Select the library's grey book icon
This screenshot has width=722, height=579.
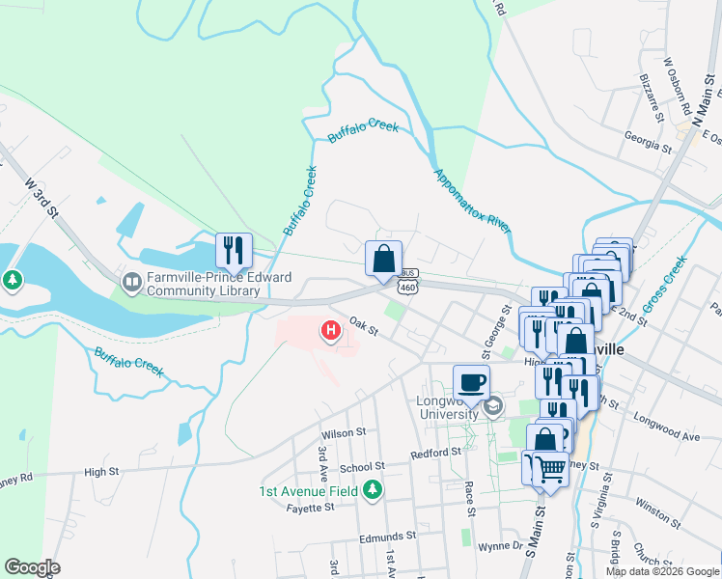click(131, 284)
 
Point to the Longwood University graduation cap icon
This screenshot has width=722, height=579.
click(493, 406)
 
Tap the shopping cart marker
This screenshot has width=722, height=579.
click(550, 470)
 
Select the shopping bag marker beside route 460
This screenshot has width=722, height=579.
click(383, 259)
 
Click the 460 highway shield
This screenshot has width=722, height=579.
click(408, 287)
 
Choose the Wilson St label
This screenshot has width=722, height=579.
click(346, 433)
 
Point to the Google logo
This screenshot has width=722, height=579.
click(32, 567)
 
